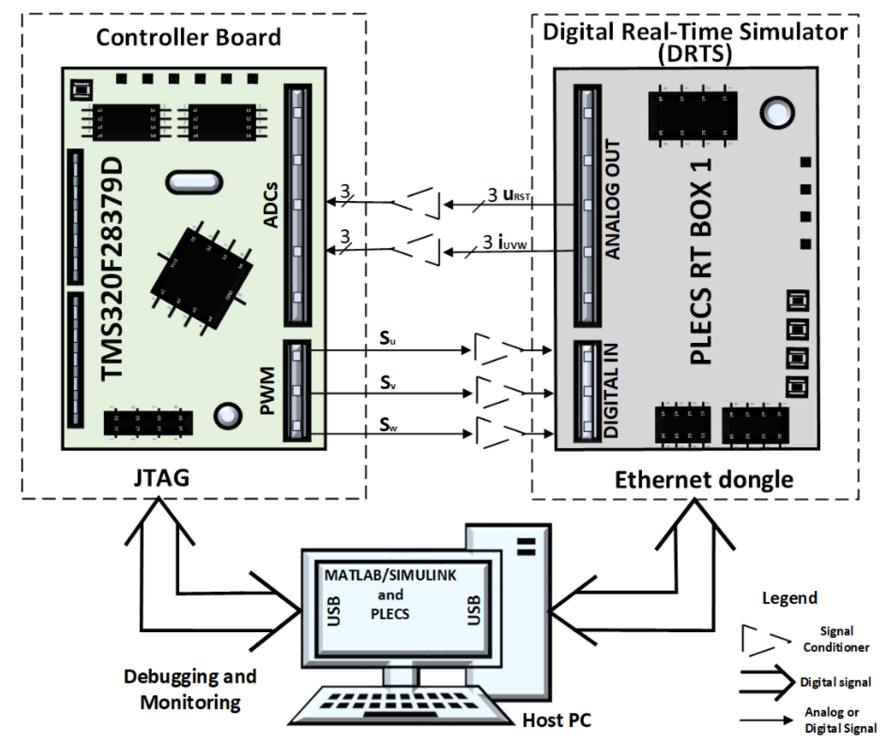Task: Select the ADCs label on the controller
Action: [271, 205]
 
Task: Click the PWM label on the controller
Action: [268, 391]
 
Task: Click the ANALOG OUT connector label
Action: [612, 199]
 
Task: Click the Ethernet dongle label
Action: [704, 480]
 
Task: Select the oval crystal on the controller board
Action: [194, 182]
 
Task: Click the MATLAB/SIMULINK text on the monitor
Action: [390, 576]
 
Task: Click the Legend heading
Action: [789, 598]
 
